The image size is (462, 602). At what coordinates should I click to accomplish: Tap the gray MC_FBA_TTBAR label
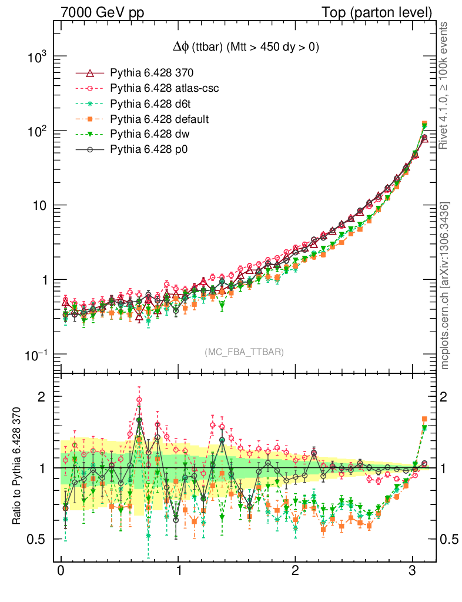coord(244,352)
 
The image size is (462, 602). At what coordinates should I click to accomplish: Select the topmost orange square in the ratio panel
coord(424,419)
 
